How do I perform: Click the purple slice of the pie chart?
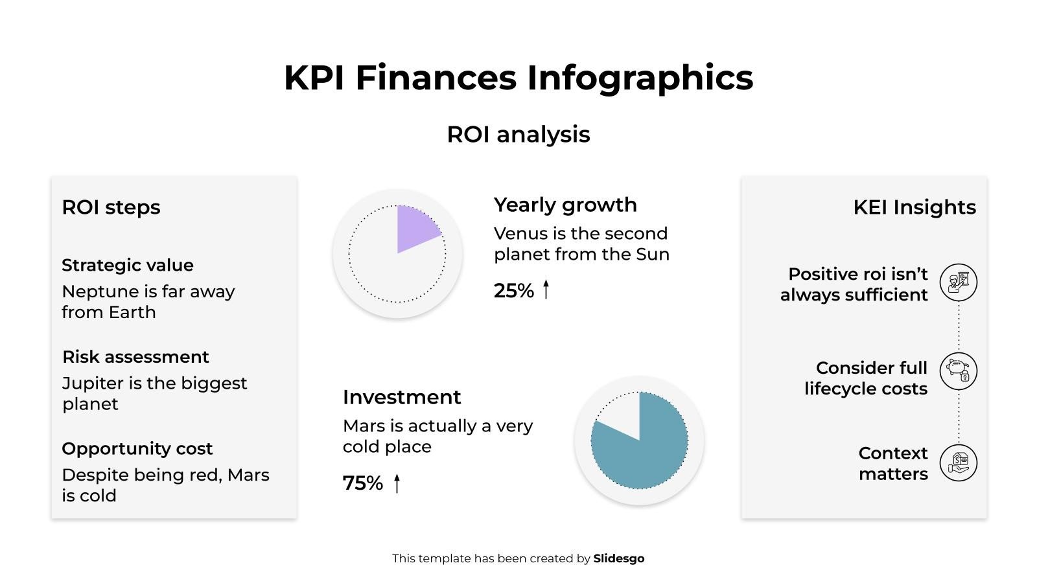(415, 228)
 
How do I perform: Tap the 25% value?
(513, 291)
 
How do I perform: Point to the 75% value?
(362, 483)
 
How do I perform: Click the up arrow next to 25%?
(546, 290)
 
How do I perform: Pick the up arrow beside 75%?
(397, 483)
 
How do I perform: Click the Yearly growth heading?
(565, 205)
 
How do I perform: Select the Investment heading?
(402, 397)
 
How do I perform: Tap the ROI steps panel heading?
(111, 207)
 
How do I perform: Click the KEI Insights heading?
(914, 207)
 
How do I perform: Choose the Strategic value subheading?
(128, 265)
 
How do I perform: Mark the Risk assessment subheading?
(135, 357)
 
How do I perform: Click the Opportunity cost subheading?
(137, 448)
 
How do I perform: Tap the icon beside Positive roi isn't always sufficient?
(958, 282)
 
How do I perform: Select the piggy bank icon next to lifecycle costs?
(958, 371)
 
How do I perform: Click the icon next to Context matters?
(958, 463)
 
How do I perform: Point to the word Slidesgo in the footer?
(618, 558)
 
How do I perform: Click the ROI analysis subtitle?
(518, 135)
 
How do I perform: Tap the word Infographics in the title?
(640, 78)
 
